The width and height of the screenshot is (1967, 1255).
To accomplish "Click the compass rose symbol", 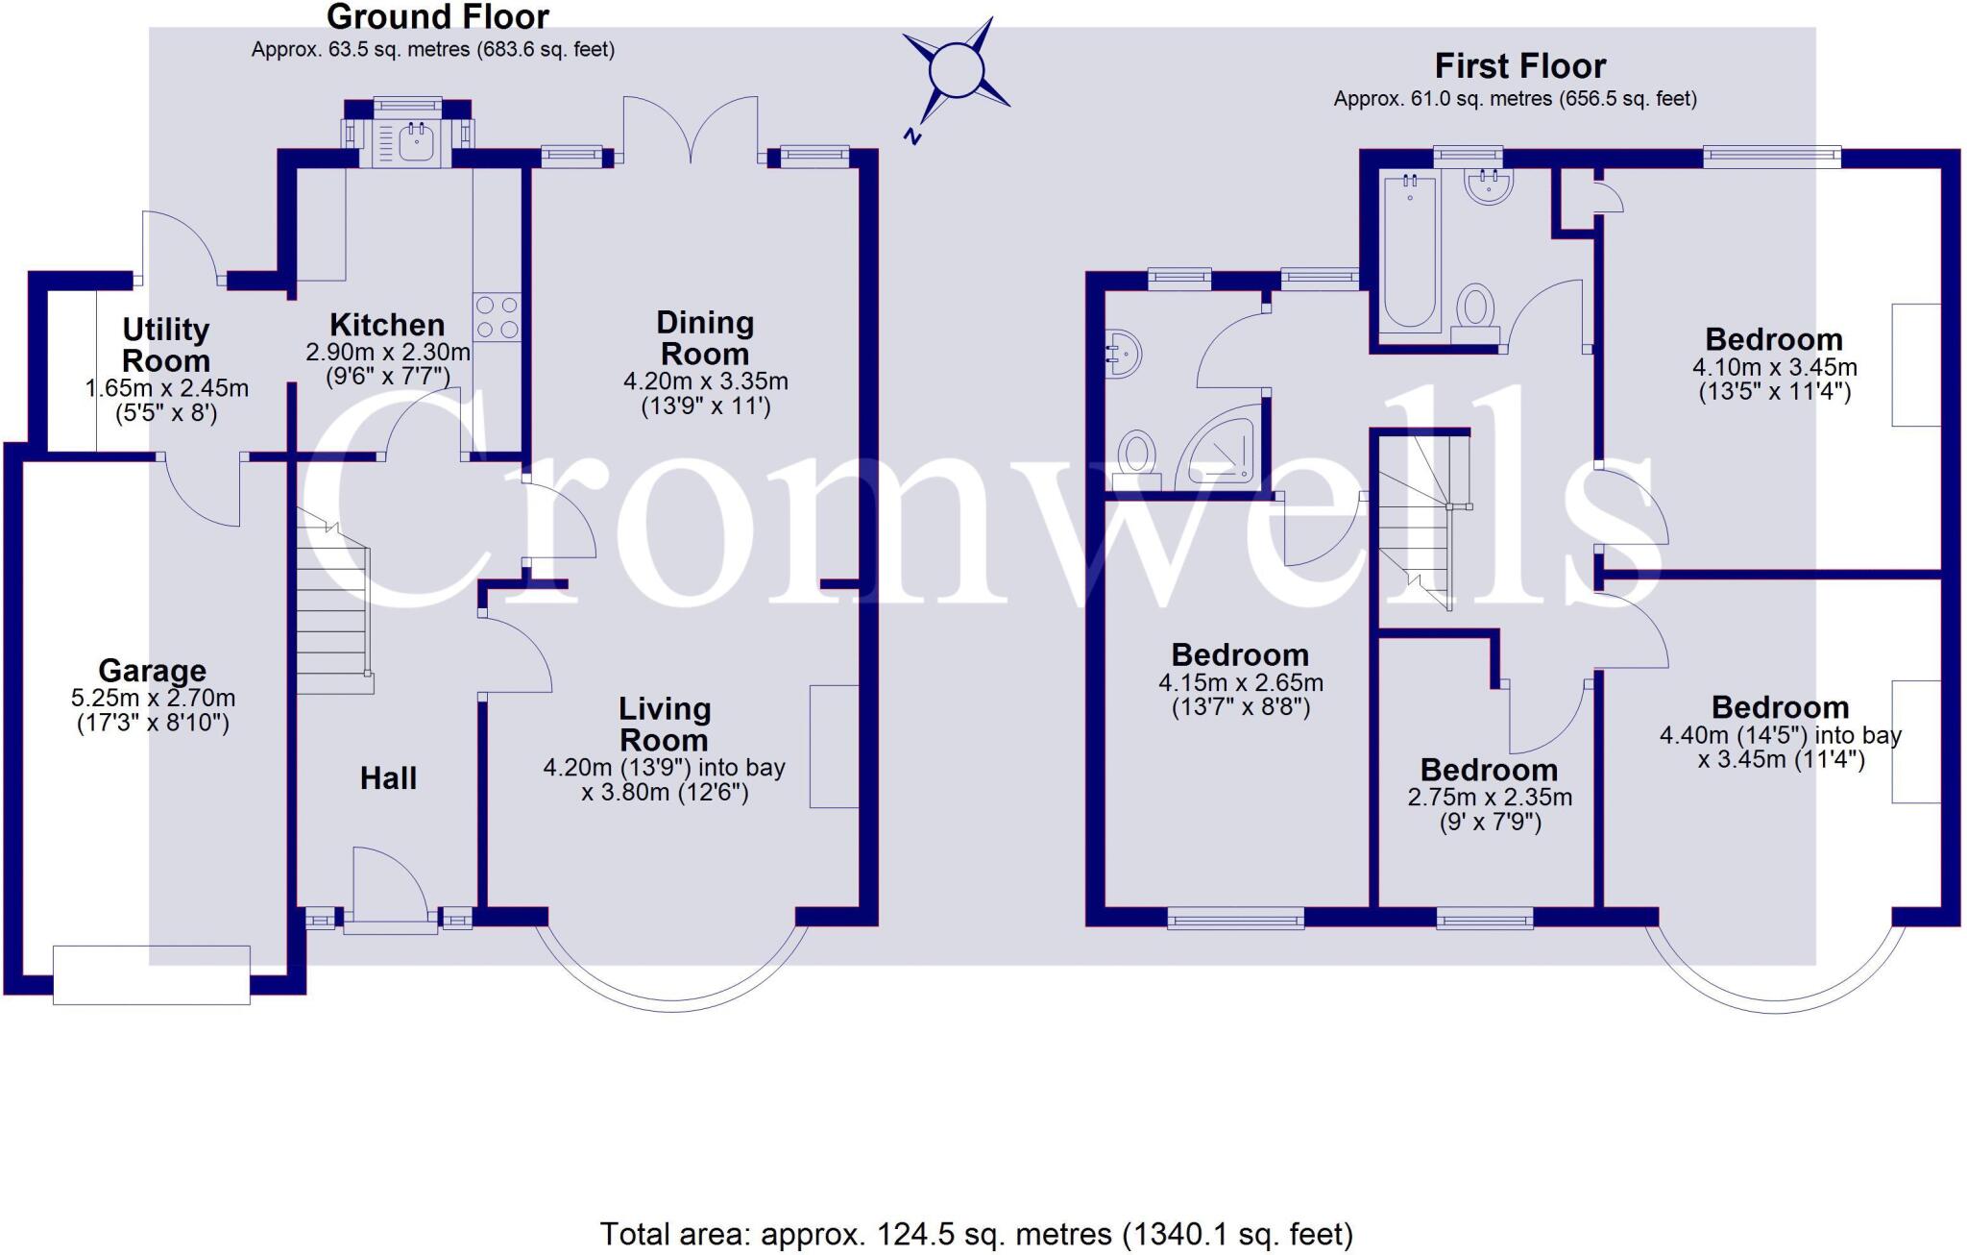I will tap(957, 71).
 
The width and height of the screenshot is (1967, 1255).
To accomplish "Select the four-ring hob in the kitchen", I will tap(497, 317).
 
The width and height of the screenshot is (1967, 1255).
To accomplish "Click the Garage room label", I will tap(152, 670).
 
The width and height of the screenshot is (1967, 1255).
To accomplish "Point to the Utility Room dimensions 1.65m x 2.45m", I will tap(166, 389).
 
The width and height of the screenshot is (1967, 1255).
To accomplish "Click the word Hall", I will tap(388, 777).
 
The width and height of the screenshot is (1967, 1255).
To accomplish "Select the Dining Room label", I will tap(705, 337).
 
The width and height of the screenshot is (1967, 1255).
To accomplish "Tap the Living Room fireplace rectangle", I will tap(834, 746).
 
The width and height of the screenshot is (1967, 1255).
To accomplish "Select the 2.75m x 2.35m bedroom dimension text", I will tap(1490, 798).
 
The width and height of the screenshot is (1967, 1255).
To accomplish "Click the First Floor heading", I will tap(1519, 66).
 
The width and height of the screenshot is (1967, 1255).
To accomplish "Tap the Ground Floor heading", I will tap(437, 16).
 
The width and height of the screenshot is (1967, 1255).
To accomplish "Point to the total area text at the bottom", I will tap(976, 1233).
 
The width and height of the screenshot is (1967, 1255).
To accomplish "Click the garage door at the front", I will tap(152, 974).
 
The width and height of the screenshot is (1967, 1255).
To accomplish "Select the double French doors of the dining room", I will tap(691, 132).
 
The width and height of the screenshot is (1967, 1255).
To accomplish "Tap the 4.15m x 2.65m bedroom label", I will tap(1240, 683).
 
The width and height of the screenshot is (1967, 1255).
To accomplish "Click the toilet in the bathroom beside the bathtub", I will tap(1475, 310).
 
